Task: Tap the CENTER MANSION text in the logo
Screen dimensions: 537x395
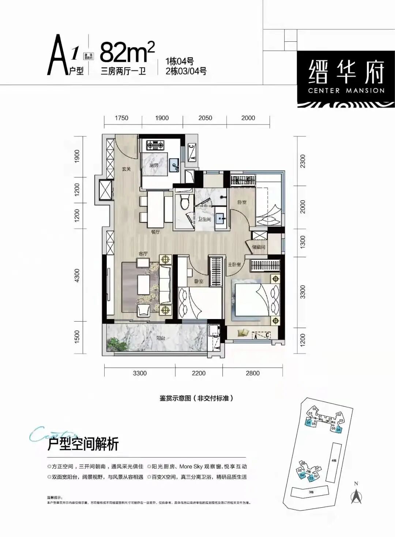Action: point(346,90)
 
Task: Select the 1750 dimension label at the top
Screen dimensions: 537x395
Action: point(121,118)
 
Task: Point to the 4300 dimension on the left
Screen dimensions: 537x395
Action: point(77,275)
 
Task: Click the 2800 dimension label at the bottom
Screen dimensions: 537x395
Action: point(253,373)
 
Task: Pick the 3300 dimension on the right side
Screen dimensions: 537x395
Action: point(302,292)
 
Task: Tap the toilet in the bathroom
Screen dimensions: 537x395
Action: point(184,201)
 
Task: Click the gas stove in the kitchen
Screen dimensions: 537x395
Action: point(156,145)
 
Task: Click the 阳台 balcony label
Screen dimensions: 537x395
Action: point(161,338)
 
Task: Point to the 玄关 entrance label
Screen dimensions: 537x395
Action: point(126,169)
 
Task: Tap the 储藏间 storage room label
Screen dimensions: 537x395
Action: point(259,247)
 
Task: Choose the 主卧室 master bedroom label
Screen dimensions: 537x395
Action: point(234,264)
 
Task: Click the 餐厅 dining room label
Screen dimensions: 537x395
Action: point(155,232)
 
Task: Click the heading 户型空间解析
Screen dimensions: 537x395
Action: point(83,444)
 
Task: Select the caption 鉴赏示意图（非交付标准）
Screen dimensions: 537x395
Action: point(196,398)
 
